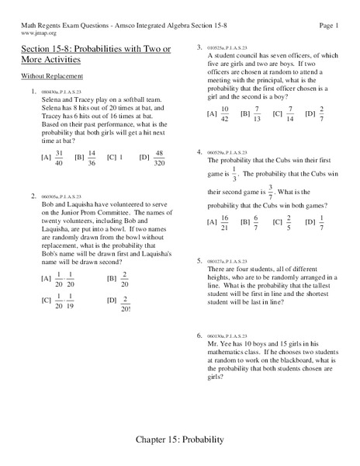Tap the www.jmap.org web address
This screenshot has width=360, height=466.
tap(32, 34)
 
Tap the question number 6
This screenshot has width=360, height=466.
tap(199, 335)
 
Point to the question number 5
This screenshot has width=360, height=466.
tap(199, 260)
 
